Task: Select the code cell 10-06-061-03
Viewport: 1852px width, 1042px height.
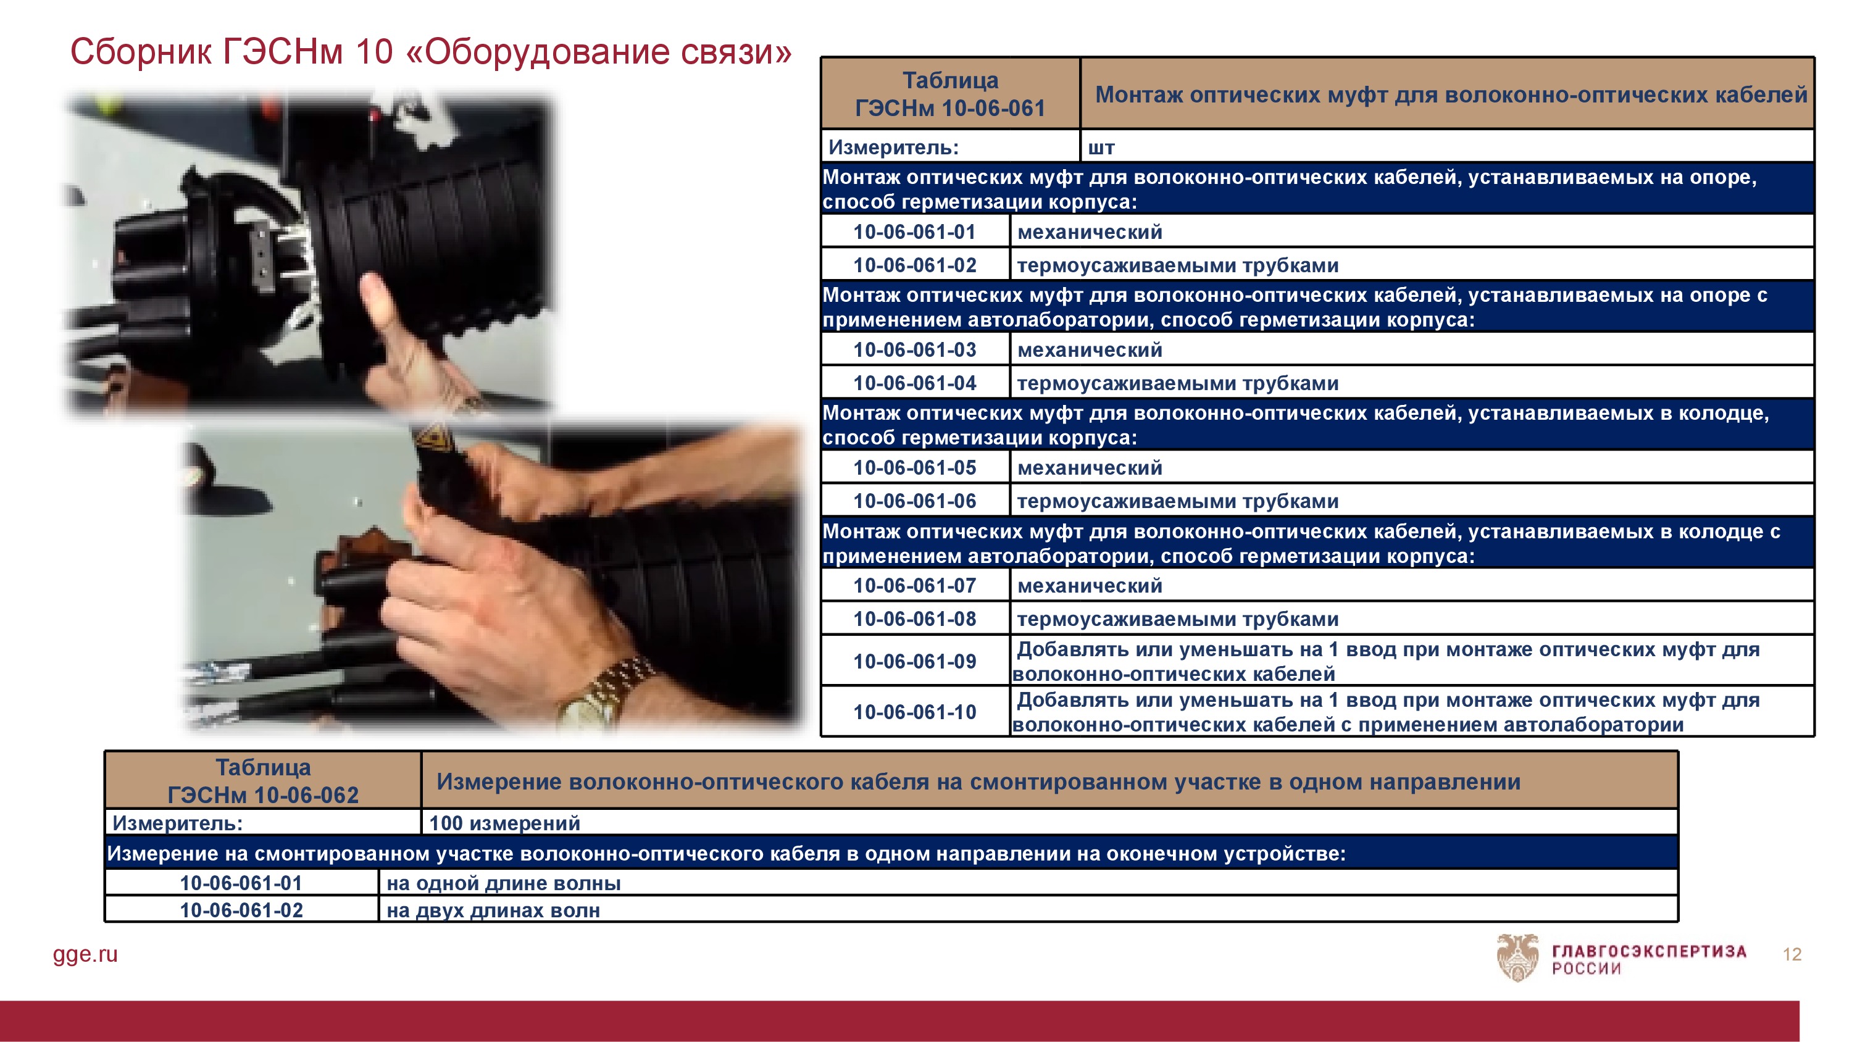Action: coord(916,349)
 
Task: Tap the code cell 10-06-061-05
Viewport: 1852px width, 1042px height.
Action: coord(916,467)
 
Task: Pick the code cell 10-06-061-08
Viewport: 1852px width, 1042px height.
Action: coord(916,619)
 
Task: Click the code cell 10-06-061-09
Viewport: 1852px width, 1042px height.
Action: coord(916,661)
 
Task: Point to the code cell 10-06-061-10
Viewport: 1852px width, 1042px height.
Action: coord(916,712)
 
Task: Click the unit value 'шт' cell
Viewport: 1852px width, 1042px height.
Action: coord(1446,147)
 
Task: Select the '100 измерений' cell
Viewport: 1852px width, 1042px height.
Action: coord(1049,823)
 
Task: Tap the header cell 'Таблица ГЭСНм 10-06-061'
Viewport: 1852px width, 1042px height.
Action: coord(951,93)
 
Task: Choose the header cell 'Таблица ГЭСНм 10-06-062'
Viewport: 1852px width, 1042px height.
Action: coord(263,781)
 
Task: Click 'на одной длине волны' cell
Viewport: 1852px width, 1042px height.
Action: coord(1028,883)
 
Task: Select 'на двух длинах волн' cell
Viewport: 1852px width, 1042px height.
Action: coord(1028,910)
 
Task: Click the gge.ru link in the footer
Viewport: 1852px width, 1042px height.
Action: coord(86,954)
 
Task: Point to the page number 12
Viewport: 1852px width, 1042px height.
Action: coord(1792,954)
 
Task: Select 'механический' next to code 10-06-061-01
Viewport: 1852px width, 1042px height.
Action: coord(1090,231)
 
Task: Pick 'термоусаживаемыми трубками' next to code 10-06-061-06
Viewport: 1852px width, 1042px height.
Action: coord(1178,501)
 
